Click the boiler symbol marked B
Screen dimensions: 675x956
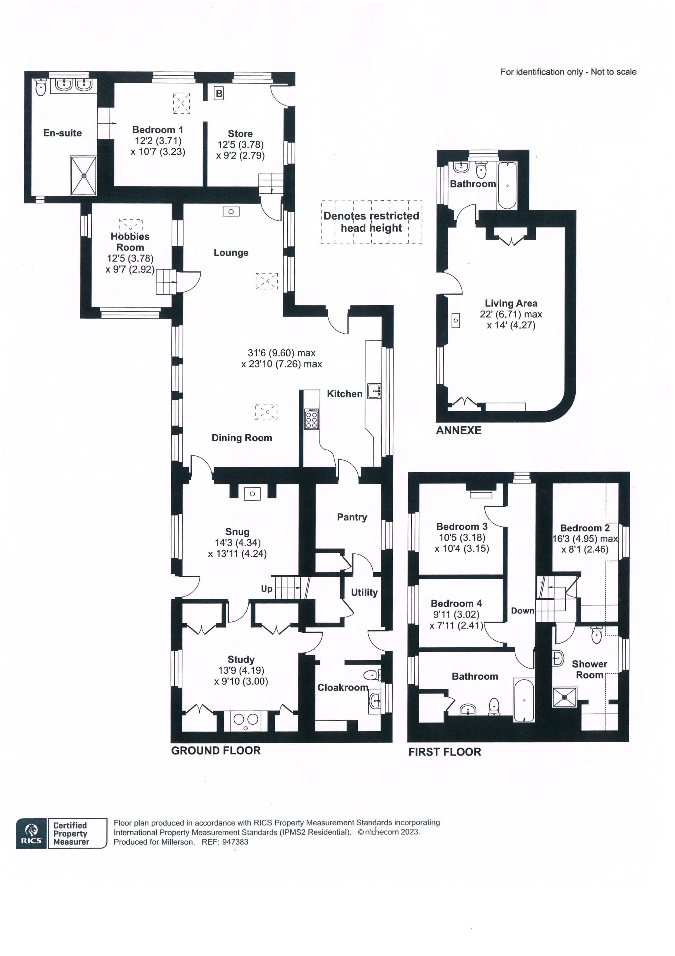(x=219, y=93)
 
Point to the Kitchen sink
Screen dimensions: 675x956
(x=374, y=391)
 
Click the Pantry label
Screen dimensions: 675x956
(x=352, y=517)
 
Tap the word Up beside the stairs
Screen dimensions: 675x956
(x=267, y=588)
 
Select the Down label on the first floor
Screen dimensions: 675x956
(x=523, y=610)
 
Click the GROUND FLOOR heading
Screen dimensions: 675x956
(x=216, y=751)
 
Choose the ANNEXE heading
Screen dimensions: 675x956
(x=458, y=430)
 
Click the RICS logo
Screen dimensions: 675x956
(x=31, y=833)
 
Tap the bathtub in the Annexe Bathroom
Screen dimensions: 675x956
(x=507, y=185)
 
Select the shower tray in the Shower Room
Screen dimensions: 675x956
(x=565, y=697)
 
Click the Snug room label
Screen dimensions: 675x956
(x=237, y=532)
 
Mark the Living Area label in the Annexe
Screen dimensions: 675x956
(x=511, y=303)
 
